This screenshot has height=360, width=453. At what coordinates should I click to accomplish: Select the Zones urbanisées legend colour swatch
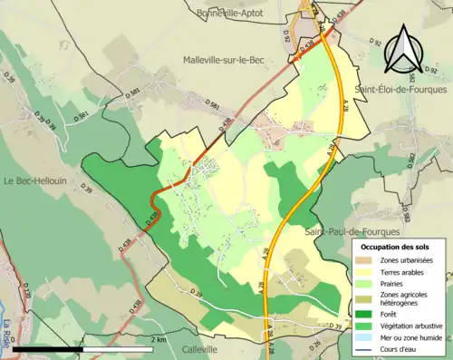tap(365, 261)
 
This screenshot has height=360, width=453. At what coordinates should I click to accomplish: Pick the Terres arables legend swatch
tap(365, 273)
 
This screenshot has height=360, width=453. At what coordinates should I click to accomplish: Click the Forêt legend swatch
tap(365, 313)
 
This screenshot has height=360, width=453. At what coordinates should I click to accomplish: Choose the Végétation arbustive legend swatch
tap(365, 325)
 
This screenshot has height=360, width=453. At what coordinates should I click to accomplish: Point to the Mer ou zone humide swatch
tap(365, 336)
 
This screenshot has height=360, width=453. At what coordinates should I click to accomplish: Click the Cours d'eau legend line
tap(365, 347)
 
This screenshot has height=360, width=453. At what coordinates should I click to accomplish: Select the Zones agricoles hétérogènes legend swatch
tap(365, 298)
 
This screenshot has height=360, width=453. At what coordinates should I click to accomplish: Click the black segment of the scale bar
tap(45, 349)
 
